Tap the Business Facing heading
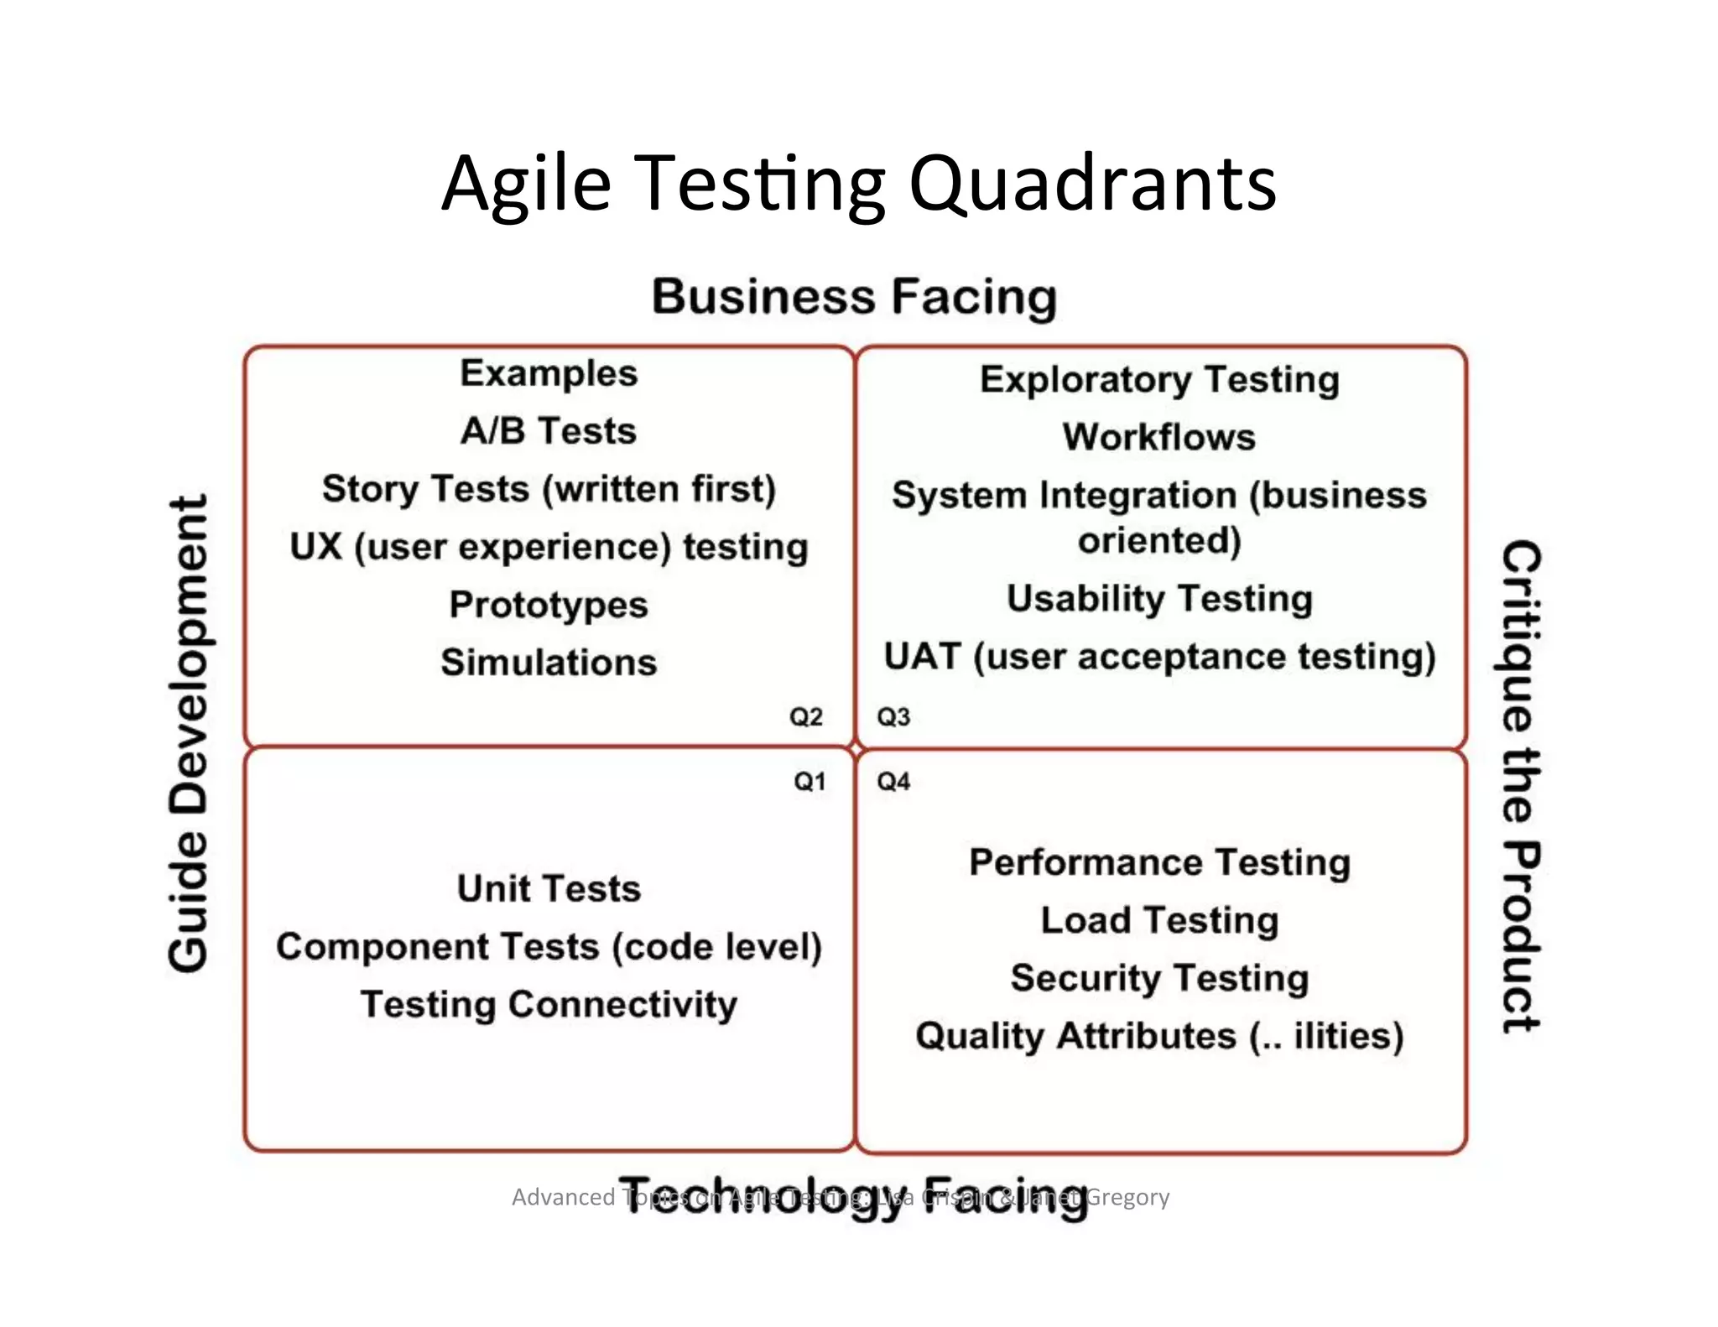(x=854, y=296)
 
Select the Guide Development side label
(x=188, y=733)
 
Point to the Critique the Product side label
(x=1520, y=785)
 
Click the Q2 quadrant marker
(x=805, y=717)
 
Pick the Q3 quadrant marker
(x=893, y=717)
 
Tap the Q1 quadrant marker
(x=810, y=782)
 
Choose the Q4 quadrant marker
(x=893, y=782)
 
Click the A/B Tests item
(x=549, y=431)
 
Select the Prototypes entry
(x=549, y=605)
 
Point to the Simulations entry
(x=549, y=663)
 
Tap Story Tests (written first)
(x=549, y=489)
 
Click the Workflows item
(x=1159, y=437)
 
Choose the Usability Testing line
(x=1159, y=599)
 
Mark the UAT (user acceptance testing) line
(x=1159, y=657)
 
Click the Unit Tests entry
(x=549, y=888)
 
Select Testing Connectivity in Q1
(x=549, y=1004)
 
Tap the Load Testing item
(x=1159, y=920)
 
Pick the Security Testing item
(x=1159, y=978)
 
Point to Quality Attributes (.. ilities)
(x=1159, y=1036)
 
